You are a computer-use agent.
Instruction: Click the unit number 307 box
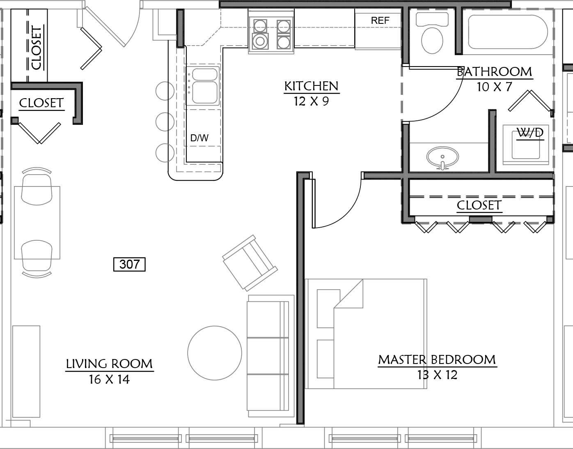(129, 264)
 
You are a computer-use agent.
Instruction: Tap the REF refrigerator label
(380, 20)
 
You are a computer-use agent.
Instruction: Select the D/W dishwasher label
(199, 138)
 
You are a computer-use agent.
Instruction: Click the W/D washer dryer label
(530, 133)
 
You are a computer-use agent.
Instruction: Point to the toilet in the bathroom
(432, 32)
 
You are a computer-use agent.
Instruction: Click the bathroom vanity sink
(442, 158)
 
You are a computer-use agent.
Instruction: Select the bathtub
(508, 32)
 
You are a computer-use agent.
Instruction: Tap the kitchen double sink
(205, 85)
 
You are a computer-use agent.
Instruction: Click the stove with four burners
(271, 32)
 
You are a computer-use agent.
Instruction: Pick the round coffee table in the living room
(215, 353)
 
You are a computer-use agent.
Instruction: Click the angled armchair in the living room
(250, 263)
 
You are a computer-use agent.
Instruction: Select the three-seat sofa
(270, 356)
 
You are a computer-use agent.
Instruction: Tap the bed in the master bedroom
(366, 334)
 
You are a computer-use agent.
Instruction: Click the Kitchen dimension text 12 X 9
(312, 101)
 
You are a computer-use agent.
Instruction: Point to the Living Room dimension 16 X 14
(109, 379)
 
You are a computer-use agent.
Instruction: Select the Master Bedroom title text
(437, 360)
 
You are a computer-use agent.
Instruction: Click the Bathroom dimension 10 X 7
(495, 87)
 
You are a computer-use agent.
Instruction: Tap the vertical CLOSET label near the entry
(37, 48)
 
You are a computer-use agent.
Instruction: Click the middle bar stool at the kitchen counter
(165, 122)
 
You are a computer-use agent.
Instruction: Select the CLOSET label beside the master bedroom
(479, 205)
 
